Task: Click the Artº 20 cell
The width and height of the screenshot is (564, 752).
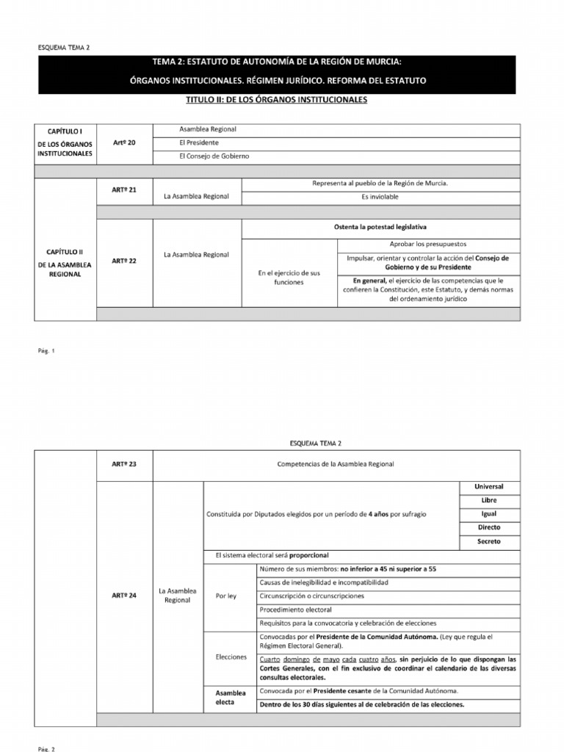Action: tap(124, 142)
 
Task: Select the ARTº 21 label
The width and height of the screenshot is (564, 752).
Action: tap(124, 189)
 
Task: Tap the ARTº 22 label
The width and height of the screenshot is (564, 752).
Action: tap(124, 260)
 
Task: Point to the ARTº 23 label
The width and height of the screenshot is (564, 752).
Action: tap(124, 464)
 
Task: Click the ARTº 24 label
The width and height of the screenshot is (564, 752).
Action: tap(124, 596)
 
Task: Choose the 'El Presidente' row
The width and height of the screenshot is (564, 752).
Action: tap(199, 142)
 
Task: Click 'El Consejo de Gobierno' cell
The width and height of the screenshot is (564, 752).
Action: tap(214, 156)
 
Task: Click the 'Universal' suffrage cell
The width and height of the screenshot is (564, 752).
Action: tap(488, 487)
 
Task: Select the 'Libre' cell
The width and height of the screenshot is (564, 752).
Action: tap(488, 500)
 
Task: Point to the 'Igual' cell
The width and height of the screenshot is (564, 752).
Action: tap(488, 514)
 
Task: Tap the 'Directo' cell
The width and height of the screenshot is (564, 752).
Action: tap(488, 527)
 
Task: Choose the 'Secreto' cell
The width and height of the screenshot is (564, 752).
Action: tap(488, 541)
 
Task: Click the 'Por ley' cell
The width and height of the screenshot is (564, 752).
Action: tap(227, 596)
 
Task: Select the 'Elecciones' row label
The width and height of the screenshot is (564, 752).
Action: tap(232, 657)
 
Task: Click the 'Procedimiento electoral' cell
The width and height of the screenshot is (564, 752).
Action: tap(296, 610)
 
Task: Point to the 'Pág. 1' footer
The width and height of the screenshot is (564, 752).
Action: tap(48, 350)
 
